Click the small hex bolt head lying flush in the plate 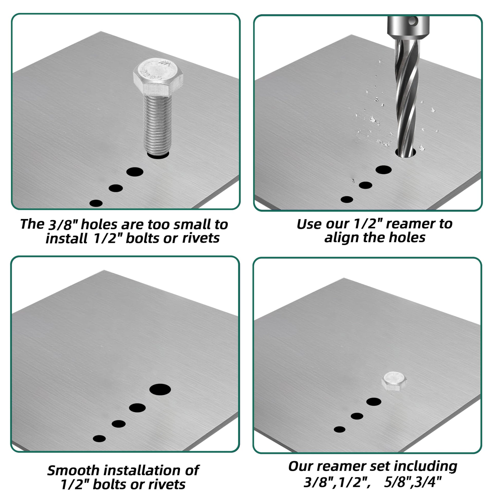click(394, 381)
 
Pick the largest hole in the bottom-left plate click(160, 390)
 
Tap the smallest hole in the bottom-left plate click(99, 439)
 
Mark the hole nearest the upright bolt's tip click(158, 155)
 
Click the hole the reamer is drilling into click(405, 153)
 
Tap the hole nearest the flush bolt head click(374, 402)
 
